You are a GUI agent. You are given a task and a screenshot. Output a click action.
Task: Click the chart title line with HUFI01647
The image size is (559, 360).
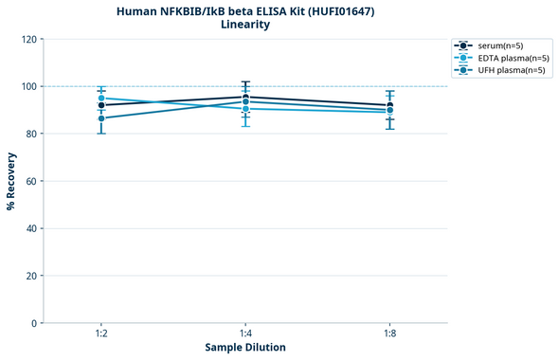[x=245, y=11]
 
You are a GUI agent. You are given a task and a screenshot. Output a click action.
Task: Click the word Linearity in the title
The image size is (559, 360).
[x=245, y=26]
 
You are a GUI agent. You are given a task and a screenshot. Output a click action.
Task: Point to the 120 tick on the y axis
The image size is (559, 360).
[x=28, y=39]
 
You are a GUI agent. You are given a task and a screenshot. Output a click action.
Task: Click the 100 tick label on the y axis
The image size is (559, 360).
[x=28, y=86]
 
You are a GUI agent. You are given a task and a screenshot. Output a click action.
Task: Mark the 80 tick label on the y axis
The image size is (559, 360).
[x=31, y=134]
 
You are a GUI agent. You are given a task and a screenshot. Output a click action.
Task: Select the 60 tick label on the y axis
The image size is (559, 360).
[x=31, y=181]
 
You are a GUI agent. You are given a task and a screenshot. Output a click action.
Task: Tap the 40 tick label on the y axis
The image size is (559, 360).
[x=31, y=228]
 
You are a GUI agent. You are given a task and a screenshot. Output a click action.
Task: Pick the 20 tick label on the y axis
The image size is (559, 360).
[x=31, y=276]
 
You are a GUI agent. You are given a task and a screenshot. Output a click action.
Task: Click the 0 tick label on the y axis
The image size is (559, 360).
[x=34, y=323]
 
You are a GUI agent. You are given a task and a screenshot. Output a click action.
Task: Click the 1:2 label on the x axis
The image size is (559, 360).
[x=101, y=334]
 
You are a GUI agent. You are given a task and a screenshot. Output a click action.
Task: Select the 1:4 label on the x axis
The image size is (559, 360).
[x=245, y=334]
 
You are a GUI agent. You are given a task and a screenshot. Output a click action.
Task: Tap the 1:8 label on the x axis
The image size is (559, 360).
[x=389, y=334]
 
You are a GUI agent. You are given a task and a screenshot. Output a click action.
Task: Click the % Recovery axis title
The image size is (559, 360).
[x=11, y=181]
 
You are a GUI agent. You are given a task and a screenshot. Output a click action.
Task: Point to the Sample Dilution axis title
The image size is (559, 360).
[x=245, y=348]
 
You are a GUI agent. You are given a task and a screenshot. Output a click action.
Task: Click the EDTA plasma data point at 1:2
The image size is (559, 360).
[x=101, y=99]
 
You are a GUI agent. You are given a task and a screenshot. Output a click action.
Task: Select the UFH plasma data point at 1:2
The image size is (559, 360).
[x=101, y=118]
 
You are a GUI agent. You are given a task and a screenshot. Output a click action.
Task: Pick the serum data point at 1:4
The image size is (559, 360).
[x=245, y=97]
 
